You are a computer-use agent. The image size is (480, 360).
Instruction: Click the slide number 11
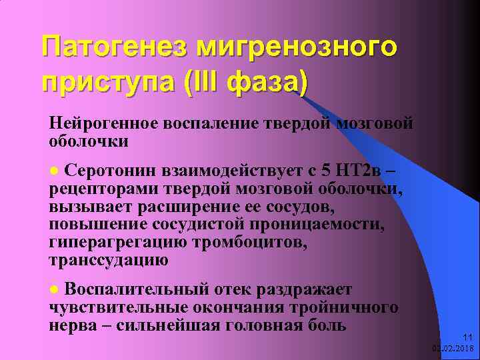(x=467, y=337)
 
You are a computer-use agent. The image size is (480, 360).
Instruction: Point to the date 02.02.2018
(x=453, y=348)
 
